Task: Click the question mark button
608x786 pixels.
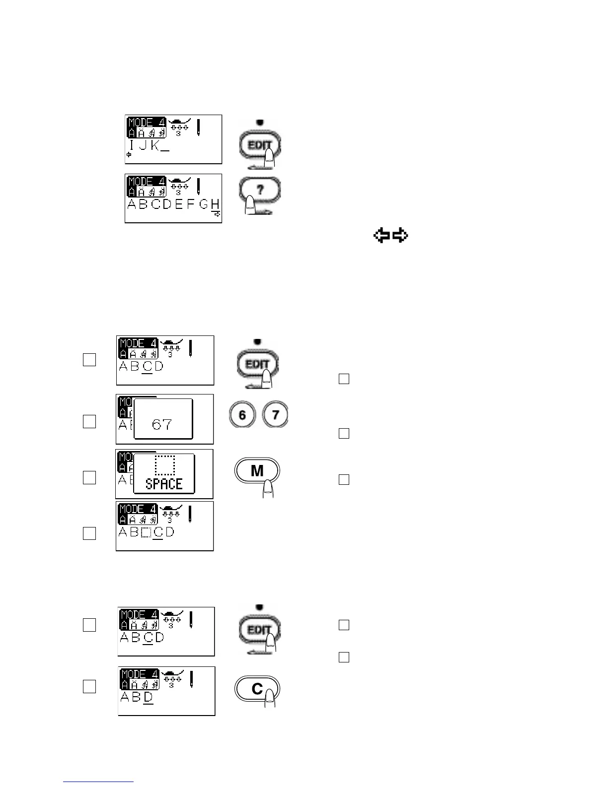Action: coord(259,190)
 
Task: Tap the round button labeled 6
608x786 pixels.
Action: coord(242,415)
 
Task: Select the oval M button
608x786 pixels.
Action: coord(257,470)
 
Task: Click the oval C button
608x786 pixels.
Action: coord(257,689)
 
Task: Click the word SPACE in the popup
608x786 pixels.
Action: coord(164,483)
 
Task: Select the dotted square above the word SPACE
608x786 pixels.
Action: coord(165,464)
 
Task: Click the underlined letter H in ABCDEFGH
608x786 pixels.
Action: coord(215,204)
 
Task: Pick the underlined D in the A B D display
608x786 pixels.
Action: coord(148,697)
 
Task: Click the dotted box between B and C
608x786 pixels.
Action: coord(146,532)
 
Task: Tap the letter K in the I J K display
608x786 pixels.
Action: coord(155,146)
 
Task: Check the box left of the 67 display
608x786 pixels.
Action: coord(89,421)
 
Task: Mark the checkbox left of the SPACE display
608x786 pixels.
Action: coord(89,477)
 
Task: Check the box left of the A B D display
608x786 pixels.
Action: coord(89,687)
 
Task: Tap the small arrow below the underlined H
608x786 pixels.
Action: coord(217,214)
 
